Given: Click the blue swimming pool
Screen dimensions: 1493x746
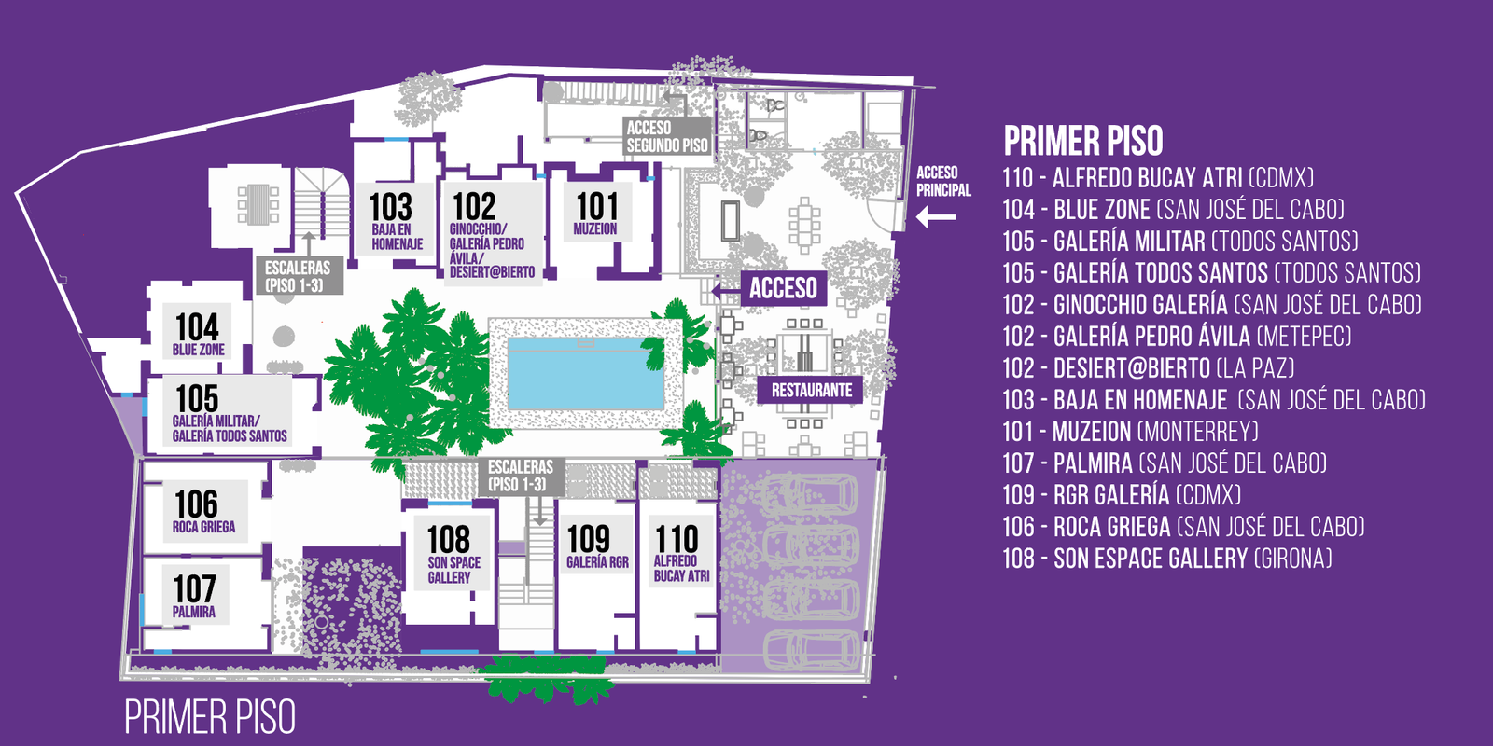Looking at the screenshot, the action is pyautogui.click(x=586, y=374).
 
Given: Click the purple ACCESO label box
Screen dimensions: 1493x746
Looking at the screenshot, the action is pyautogui.click(x=784, y=288).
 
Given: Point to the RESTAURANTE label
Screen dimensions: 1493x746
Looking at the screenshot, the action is pyautogui.click(x=811, y=391).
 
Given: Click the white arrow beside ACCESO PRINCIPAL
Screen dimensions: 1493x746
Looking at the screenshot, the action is pyautogui.click(x=936, y=217).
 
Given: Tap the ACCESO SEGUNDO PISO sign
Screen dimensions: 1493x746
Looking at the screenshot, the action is pyautogui.click(x=667, y=136).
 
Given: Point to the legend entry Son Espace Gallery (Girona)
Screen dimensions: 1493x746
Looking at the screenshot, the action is pyautogui.click(x=1167, y=559).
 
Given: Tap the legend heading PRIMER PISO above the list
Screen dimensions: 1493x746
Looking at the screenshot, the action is pyautogui.click(x=1083, y=141).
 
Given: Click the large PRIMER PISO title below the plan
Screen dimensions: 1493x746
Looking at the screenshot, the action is pyautogui.click(x=210, y=717).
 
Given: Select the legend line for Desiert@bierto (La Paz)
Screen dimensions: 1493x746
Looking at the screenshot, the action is pyautogui.click(x=1149, y=368).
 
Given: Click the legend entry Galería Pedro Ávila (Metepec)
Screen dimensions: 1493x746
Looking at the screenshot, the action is pyautogui.click(x=1177, y=337).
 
